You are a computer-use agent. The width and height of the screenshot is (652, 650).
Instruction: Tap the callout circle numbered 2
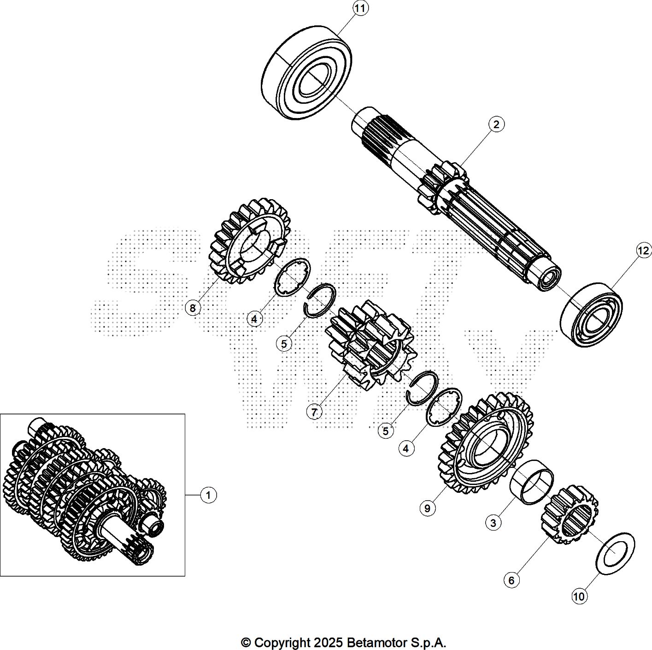496,124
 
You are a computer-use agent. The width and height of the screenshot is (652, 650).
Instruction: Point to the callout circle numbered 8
193,308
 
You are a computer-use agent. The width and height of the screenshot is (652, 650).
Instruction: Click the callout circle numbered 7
314,412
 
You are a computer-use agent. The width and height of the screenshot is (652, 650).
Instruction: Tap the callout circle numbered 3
493,523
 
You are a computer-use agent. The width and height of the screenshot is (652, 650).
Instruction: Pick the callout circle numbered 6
511,580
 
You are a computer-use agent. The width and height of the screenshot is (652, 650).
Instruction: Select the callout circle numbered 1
208,495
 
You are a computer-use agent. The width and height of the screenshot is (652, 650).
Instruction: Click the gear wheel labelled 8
251,241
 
